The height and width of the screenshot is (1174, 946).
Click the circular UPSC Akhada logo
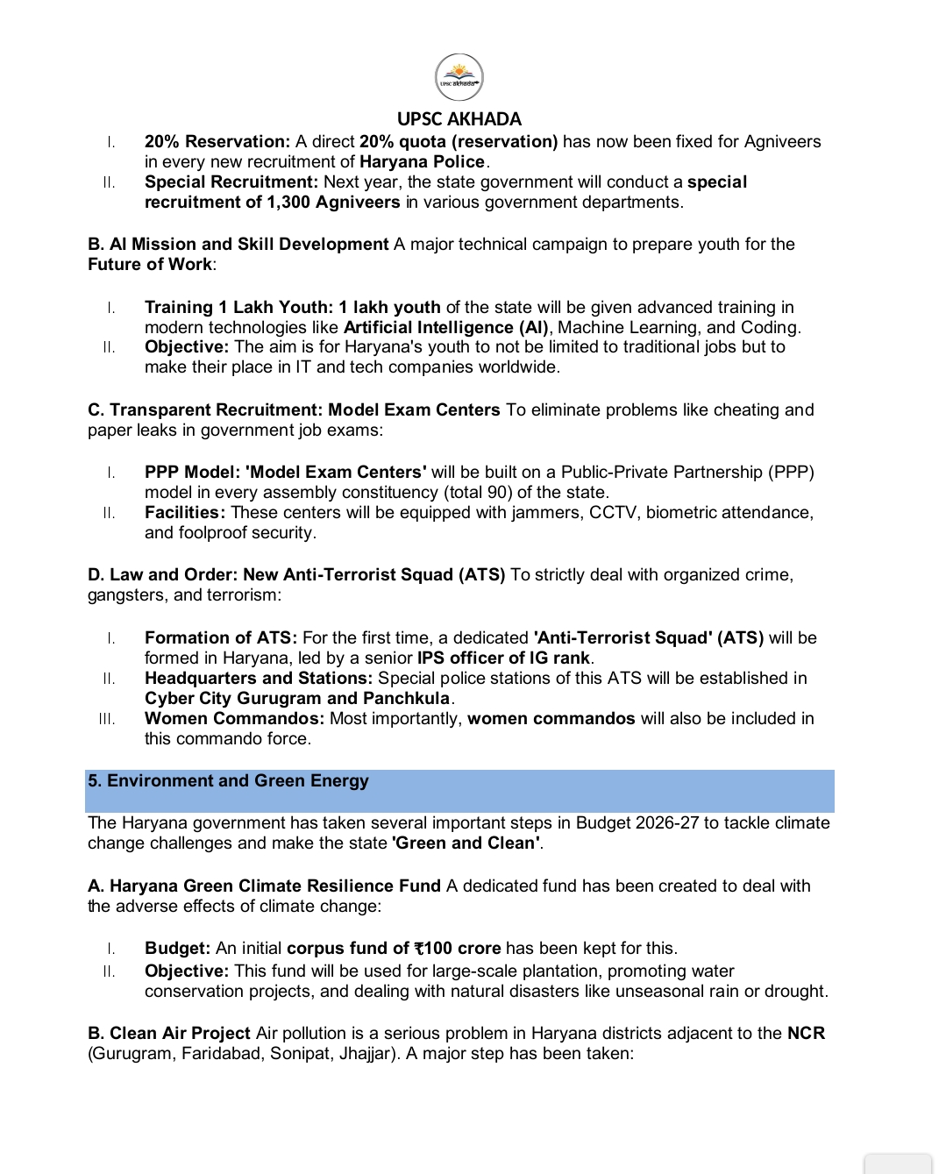tap(459, 77)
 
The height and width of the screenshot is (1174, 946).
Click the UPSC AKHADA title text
tap(459, 119)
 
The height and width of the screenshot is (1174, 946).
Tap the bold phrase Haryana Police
tap(422, 162)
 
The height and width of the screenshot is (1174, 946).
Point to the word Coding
tap(770, 328)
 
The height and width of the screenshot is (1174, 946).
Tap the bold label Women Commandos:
tap(234, 719)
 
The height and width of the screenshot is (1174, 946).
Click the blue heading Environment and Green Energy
tap(237, 781)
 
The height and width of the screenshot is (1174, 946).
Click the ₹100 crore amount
tap(458, 949)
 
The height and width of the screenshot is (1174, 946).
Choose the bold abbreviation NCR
tap(806, 1034)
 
